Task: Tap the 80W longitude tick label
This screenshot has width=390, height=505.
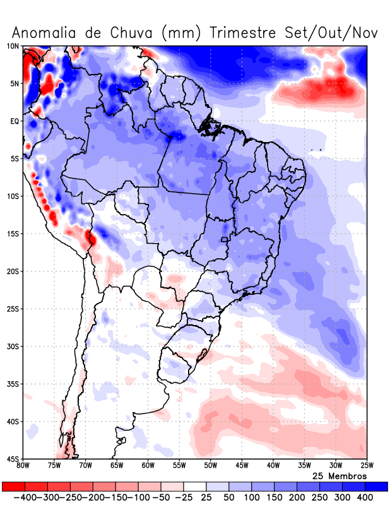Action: tap(23, 466)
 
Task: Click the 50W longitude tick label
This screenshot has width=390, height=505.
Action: tap(210, 466)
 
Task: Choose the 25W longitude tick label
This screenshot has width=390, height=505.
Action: tap(366, 466)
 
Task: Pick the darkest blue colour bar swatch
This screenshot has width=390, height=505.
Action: tap(376, 487)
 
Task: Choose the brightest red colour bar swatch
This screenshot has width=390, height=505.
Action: tap(13, 487)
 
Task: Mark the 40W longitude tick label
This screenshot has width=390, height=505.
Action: tap(273, 466)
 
